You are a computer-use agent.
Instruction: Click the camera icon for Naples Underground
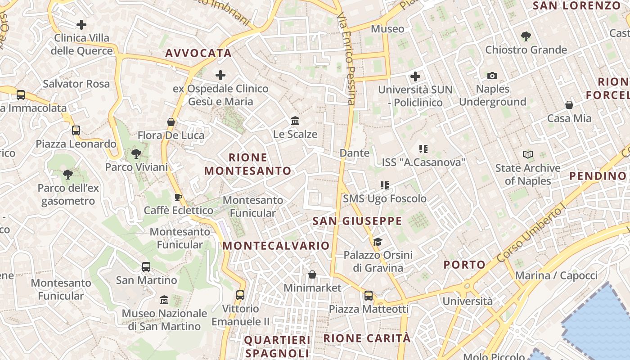click(492, 76)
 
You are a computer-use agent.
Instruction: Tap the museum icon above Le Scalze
click(295, 121)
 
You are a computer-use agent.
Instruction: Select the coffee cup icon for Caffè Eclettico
click(178, 197)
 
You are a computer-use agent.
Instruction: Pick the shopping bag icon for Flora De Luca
click(171, 122)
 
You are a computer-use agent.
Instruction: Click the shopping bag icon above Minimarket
click(312, 274)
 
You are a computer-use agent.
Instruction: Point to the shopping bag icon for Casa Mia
click(569, 105)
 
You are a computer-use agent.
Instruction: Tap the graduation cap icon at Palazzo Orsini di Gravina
click(378, 242)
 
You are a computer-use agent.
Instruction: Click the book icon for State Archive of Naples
click(528, 155)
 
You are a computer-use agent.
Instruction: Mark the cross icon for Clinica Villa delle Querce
click(81, 24)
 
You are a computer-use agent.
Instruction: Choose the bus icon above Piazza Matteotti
click(369, 296)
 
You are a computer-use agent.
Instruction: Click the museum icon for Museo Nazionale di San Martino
click(164, 300)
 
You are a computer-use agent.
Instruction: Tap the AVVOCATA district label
click(198, 53)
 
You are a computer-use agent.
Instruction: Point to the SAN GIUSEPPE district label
click(357, 221)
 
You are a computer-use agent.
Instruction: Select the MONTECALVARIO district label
click(276, 246)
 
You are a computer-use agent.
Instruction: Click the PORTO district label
click(464, 265)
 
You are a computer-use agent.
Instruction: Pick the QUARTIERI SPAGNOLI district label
click(277, 346)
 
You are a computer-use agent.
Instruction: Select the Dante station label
click(355, 153)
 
